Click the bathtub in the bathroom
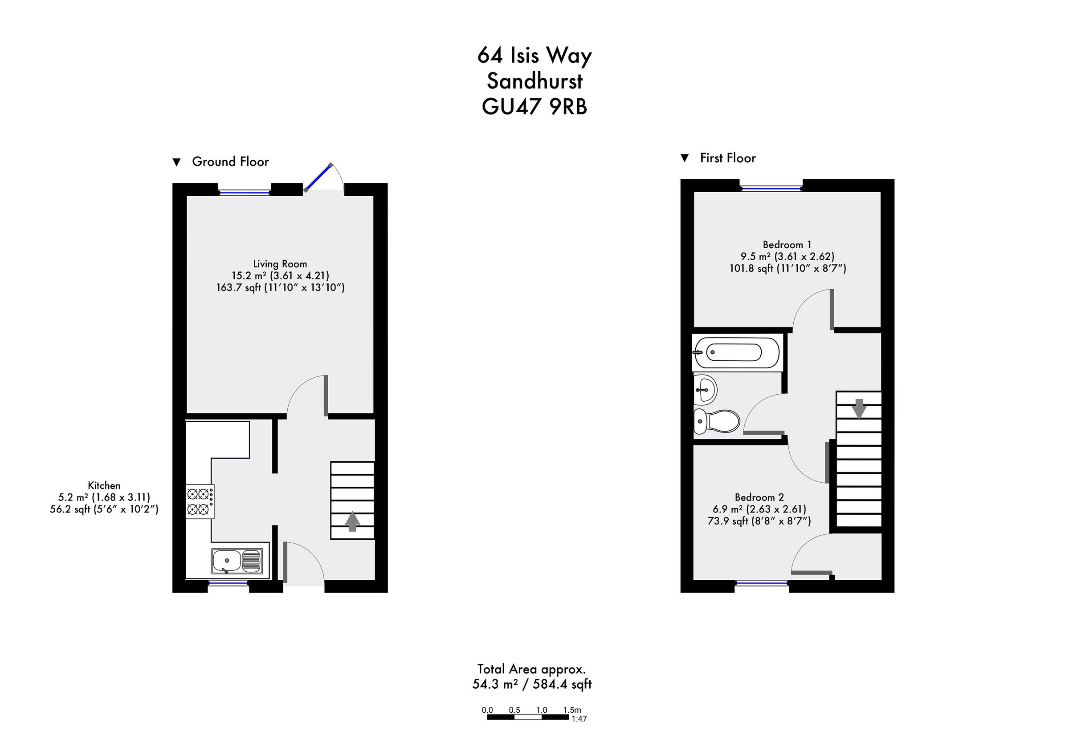pyautogui.click(x=736, y=352)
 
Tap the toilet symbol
pyautogui.click(x=716, y=421)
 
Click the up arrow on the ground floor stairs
pyautogui.click(x=352, y=521)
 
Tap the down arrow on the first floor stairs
pyautogui.click(x=859, y=409)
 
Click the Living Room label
pyautogui.click(x=280, y=264)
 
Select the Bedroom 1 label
pyautogui.click(x=787, y=245)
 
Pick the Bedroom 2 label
pyautogui.click(x=759, y=497)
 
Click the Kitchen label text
pyautogui.click(x=104, y=486)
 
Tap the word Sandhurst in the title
pyautogui.click(x=534, y=81)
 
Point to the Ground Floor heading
pyautogui.click(x=230, y=162)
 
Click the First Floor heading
pyautogui.click(x=727, y=158)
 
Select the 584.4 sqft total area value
pyautogui.click(x=562, y=684)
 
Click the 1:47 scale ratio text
pyautogui.click(x=579, y=719)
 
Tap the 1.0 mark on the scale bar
pyautogui.click(x=542, y=711)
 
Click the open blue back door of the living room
pyautogui.click(x=318, y=177)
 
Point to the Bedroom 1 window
pyautogui.click(x=771, y=188)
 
